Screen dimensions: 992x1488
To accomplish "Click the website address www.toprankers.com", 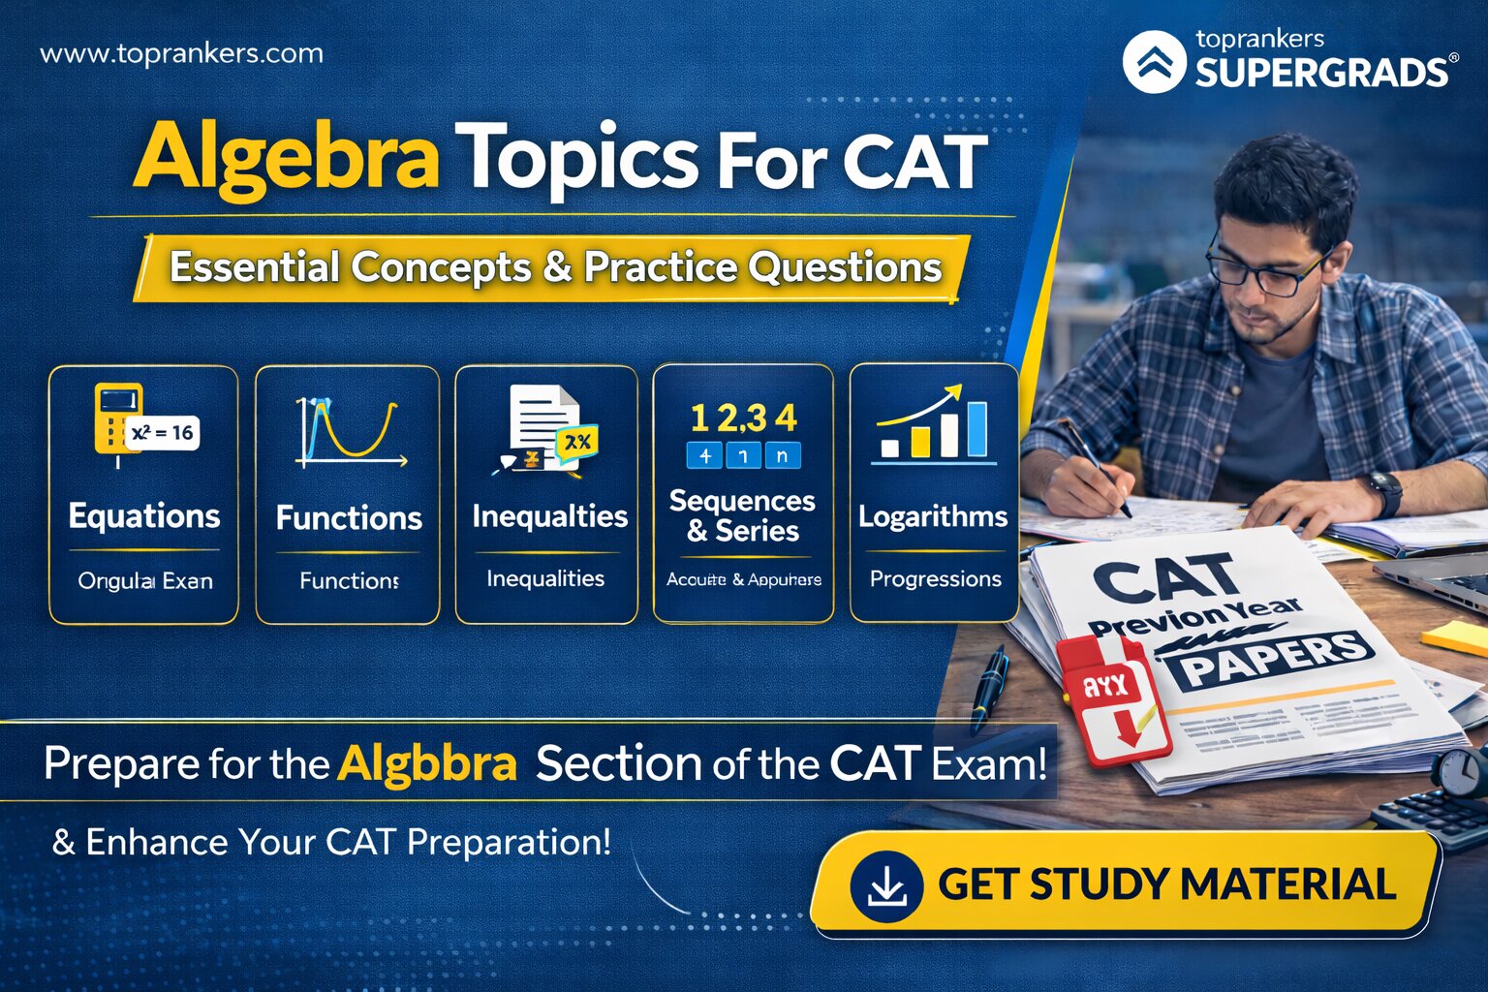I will point(181,53).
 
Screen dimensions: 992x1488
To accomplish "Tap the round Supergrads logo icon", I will point(1154,62).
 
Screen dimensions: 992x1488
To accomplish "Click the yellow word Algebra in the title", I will point(286,157).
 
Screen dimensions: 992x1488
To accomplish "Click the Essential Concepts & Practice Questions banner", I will point(555,267).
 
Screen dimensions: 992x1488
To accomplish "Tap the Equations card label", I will point(144,516).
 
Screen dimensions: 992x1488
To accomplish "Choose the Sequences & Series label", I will point(743,515).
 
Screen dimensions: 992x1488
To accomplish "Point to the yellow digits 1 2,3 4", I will point(743,418).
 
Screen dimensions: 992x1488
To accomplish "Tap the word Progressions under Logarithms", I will point(935,579).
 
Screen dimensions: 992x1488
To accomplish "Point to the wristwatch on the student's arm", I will point(1384,492).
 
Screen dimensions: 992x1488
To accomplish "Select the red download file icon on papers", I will point(1111,697).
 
